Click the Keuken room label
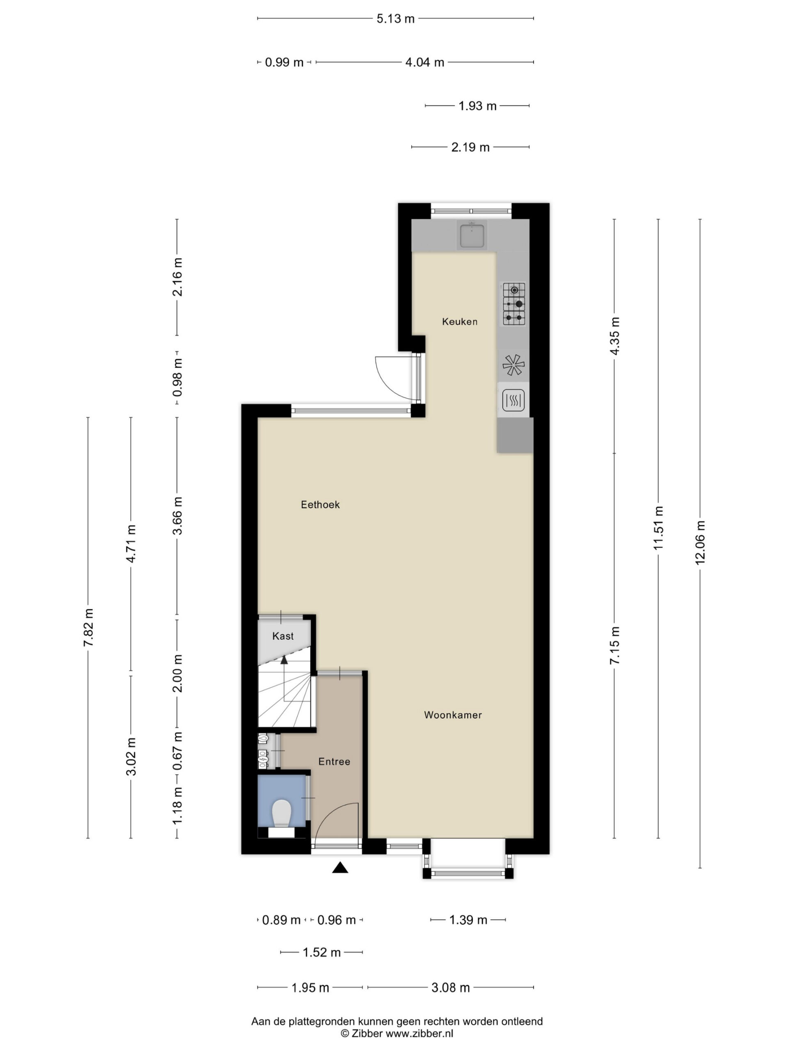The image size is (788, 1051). click(x=459, y=322)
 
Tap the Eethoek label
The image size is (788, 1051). click(x=320, y=505)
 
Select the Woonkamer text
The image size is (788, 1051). click(x=453, y=715)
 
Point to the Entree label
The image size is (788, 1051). click(x=334, y=762)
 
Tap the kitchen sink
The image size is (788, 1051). click(x=472, y=235)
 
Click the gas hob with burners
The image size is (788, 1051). click(x=514, y=304)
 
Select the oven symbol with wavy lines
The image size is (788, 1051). click(x=513, y=400)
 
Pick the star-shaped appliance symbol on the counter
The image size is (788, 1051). click(x=513, y=365)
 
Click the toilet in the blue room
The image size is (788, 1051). click(x=282, y=812)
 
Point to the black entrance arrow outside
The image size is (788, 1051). click(x=340, y=867)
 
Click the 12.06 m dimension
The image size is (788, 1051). click(x=700, y=542)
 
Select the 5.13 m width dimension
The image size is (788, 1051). click(x=396, y=18)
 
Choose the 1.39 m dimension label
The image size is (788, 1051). click(x=468, y=920)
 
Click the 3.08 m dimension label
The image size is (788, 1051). click(x=450, y=988)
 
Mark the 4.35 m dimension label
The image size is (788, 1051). click(x=615, y=336)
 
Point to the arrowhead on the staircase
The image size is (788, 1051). click(x=284, y=659)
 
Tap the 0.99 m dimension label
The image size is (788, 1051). click(x=284, y=62)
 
